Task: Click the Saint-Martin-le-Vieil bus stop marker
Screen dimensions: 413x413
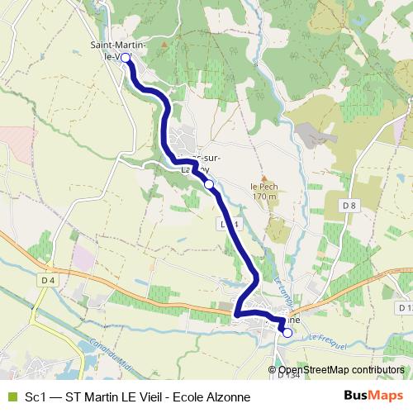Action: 126,58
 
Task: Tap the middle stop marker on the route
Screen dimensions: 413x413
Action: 209,184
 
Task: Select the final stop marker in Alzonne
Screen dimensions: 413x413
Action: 287,333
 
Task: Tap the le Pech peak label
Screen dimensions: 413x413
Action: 263,188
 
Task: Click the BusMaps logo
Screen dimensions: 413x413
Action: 376,396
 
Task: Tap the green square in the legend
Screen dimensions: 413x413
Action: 11,397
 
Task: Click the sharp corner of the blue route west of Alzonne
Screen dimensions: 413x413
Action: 236,315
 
